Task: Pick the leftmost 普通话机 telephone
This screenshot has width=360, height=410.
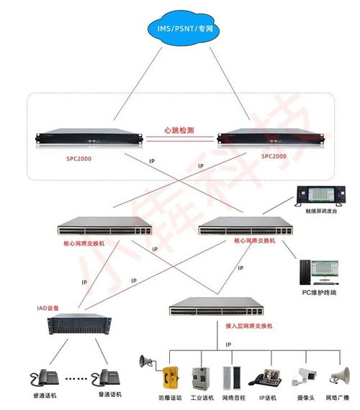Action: [45, 377]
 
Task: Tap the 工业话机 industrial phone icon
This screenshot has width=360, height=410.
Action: [199, 378]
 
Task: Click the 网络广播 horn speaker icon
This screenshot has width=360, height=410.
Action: [339, 375]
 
